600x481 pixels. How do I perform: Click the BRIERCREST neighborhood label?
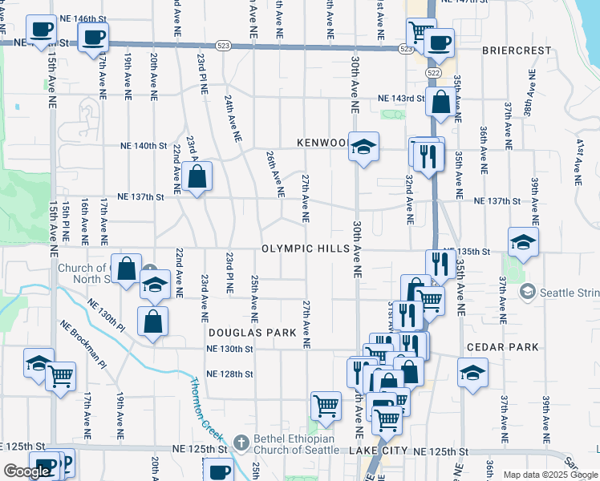pos(517,50)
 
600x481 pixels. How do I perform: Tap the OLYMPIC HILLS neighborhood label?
pos(305,249)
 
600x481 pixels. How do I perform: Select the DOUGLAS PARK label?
pos(241,331)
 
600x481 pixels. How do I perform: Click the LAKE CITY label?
pos(378,452)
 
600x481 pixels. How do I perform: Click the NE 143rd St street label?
pos(401,99)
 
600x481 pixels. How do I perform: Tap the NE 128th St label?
pos(229,374)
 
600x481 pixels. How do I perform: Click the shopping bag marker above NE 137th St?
pos(197,176)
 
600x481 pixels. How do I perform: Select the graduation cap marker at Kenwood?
pos(363,147)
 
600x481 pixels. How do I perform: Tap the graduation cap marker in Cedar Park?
pos(472,373)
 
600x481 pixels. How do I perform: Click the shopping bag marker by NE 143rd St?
pos(440,102)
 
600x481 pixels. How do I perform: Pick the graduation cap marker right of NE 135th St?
pos(522,242)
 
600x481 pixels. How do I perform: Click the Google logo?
pos(26,471)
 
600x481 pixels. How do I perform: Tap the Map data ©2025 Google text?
pos(550,475)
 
